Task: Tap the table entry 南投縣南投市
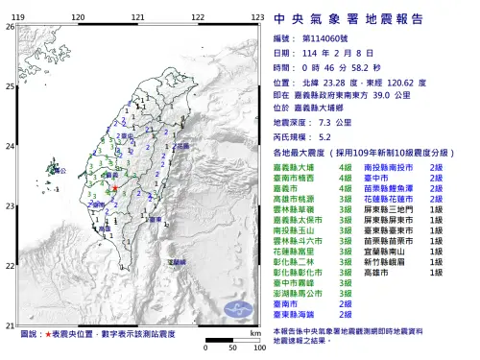click(x=389, y=167)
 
